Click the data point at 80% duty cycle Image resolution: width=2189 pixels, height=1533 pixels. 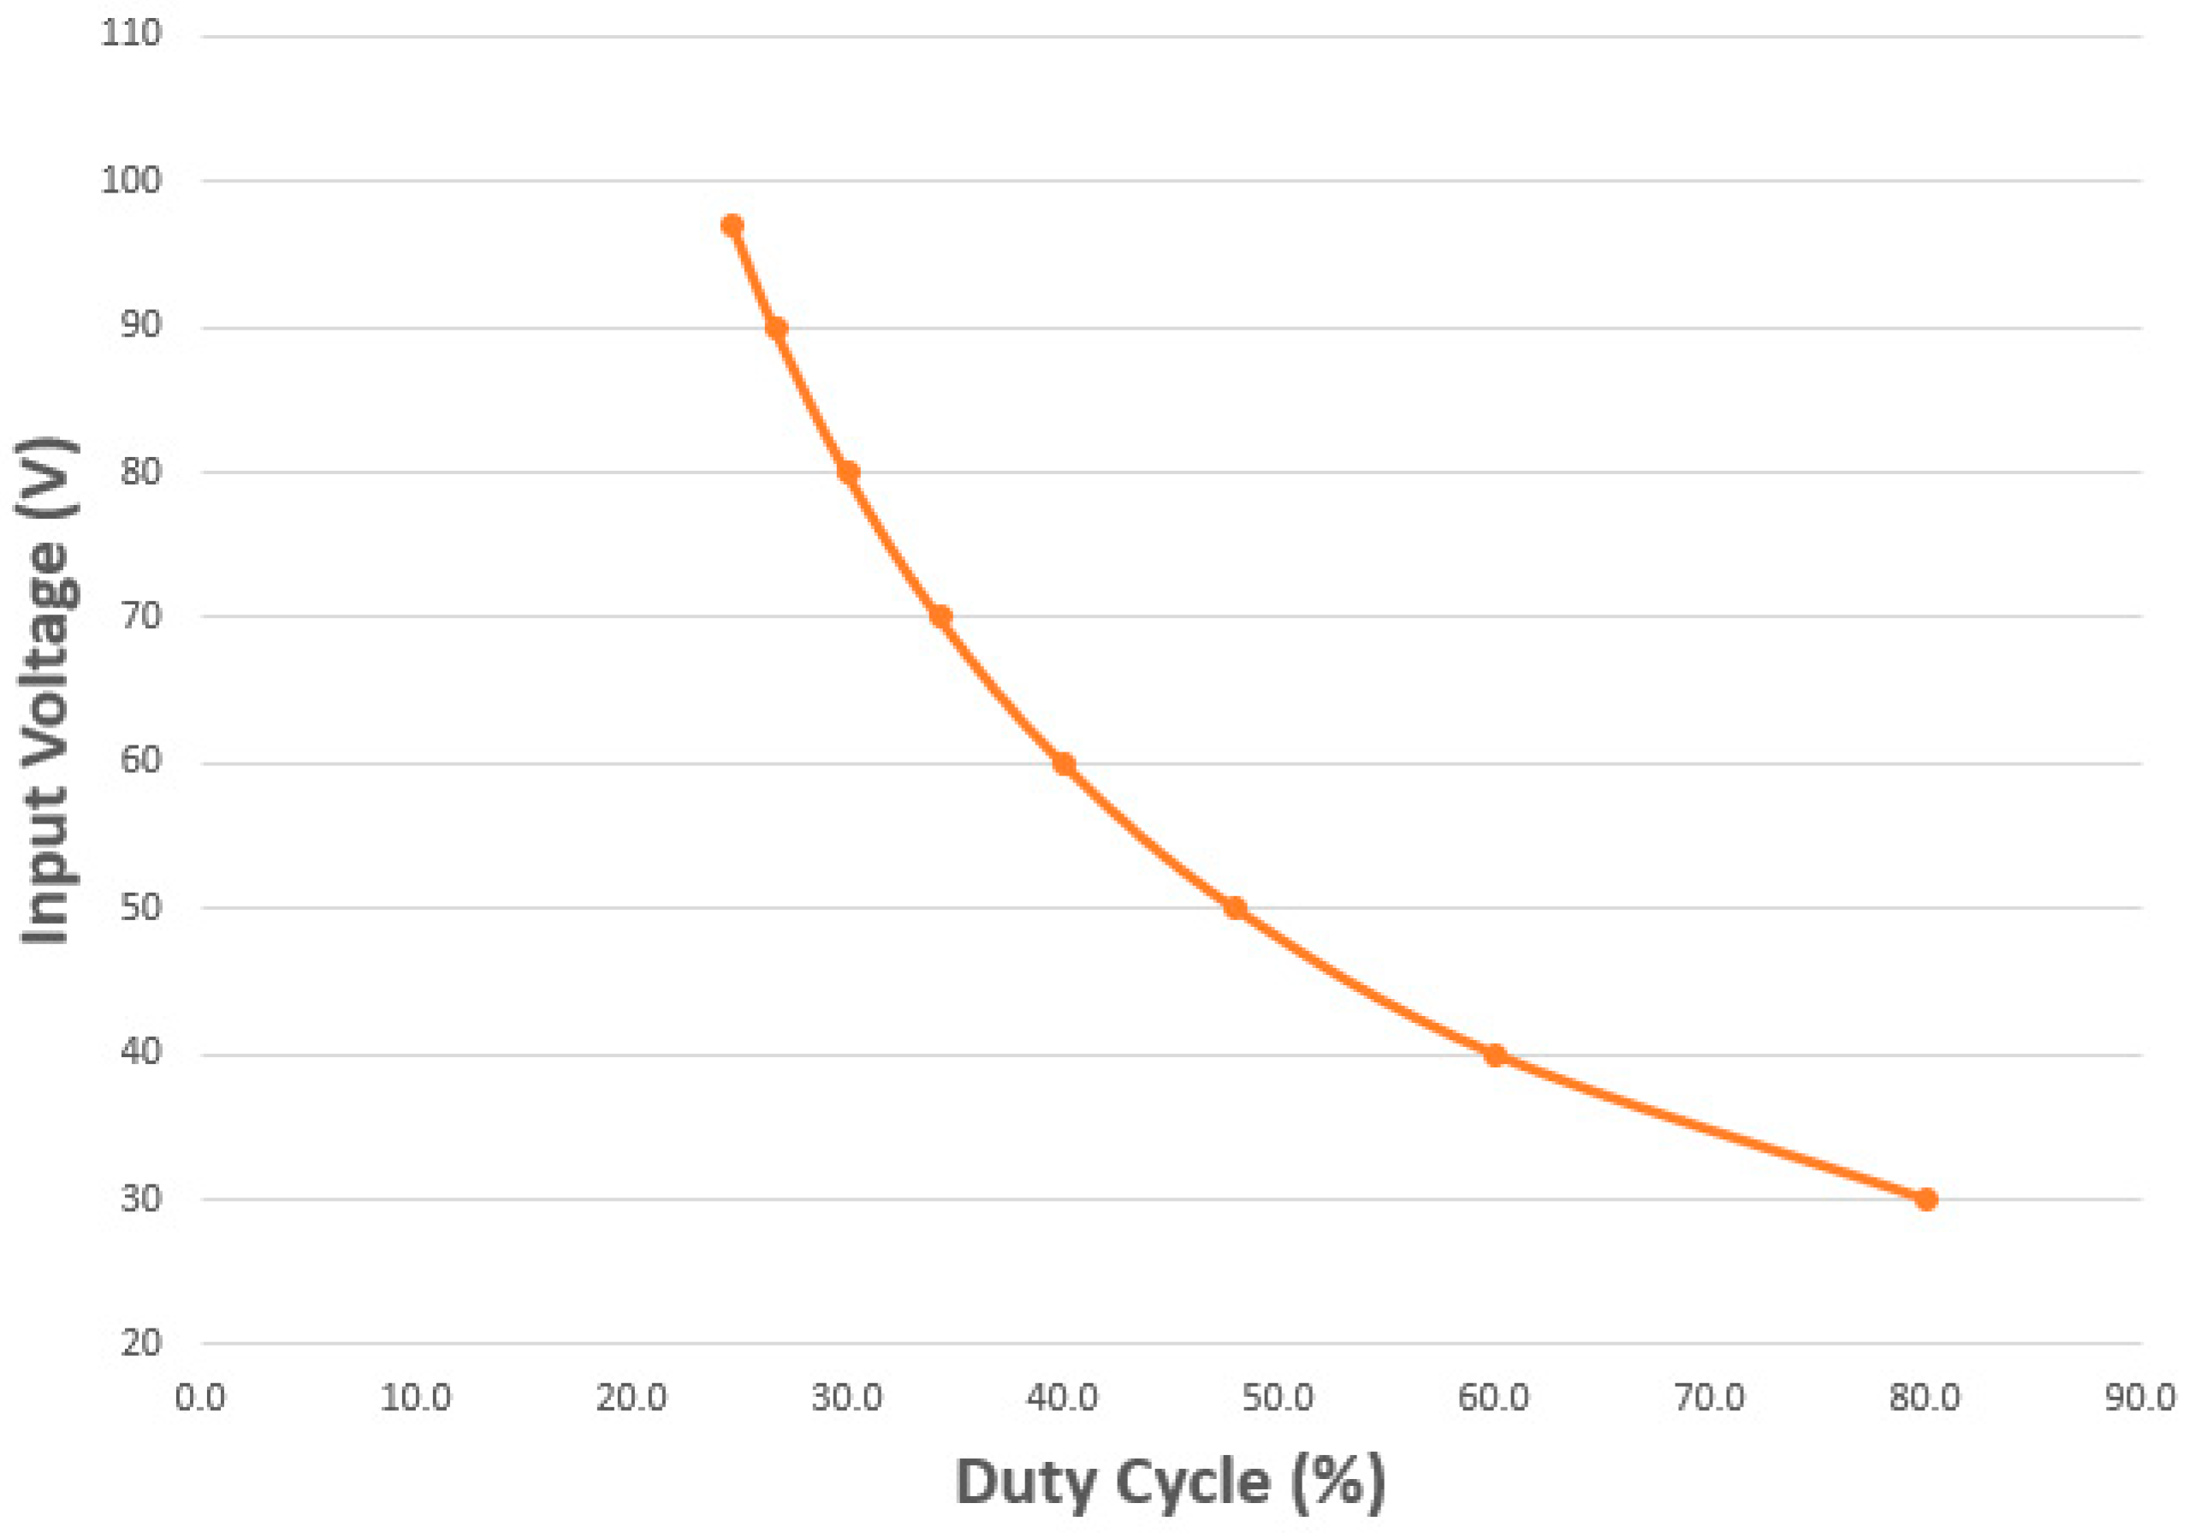(x=1926, y=1199)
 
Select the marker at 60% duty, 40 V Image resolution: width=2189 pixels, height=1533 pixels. (x=1495, y=1055)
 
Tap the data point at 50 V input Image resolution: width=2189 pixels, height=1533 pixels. (x=1235, y=907)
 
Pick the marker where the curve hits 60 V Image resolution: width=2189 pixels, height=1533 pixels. (x=1064, y=764)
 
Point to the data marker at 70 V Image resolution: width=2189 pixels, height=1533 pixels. (x=940, y=616)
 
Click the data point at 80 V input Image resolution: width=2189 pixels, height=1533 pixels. (x=847, y=472)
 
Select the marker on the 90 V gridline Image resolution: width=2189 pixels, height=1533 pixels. (x=776, y=328)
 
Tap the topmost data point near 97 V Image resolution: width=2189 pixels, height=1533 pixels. (x=733, y=226)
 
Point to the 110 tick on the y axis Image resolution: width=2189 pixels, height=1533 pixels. (x=131, y=34)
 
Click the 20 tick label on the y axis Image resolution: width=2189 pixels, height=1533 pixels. (x=141, y=1343)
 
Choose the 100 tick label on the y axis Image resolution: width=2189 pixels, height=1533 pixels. (x=131, y=179)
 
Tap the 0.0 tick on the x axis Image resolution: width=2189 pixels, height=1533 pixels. (x=200, y=1399)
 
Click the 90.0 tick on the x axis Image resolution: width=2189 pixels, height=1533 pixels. (x=2140, y=1399)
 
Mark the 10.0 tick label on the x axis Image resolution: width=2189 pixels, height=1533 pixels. (x=416, y=1399)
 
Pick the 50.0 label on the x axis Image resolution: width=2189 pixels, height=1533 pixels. (x=1278, y=1399)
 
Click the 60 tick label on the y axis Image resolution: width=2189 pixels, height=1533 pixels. (x=141, y=762)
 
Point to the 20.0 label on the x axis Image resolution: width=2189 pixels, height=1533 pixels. (x=632, y=1399)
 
